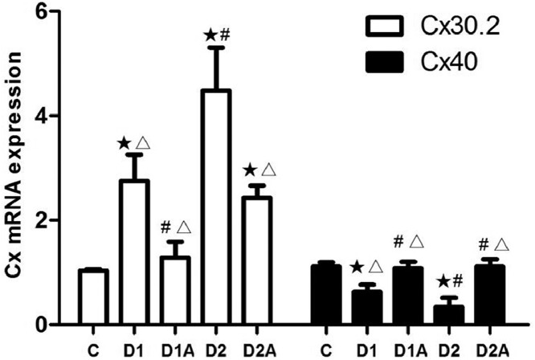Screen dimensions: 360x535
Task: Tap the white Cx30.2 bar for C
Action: click(x=94, y=297)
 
